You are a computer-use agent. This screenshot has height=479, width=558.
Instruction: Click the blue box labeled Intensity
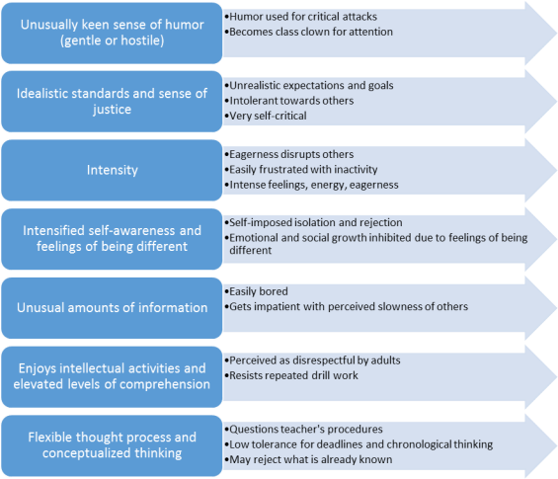pyautogui.click(x=112, y=170)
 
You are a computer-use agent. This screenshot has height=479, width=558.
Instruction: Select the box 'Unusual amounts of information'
pyautogui.click(x=112, y=308)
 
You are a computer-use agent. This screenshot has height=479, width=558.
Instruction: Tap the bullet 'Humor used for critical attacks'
pyautogui.click(x=300, y=17)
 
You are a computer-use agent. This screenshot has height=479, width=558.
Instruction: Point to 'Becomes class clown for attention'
pyautogui.click(x=308, y=32)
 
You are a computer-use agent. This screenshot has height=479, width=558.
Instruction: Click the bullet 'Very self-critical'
pyautogui.click(x=266, y=116)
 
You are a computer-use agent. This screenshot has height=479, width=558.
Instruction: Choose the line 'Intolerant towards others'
pyautogui.click(x=289, y=101)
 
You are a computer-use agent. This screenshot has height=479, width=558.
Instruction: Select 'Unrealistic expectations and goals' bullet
pyautogui.click(x=309, y=85)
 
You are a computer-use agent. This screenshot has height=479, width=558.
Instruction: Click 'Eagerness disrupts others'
pyautogui.click(x=289, y=154)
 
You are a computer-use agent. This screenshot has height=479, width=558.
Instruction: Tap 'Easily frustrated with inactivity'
pyautogui.click(x=301, y=170)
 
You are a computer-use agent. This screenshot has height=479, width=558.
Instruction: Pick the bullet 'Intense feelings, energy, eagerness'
pyautogui.click(x=311, y=185)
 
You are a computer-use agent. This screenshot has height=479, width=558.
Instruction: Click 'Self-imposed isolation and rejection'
pyautogui.click(x=313, y=222)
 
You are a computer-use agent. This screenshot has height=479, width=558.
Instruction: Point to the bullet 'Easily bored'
pyautogui.click(x=256, y=291)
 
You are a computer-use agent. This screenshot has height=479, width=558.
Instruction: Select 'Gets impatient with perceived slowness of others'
pyautogui.click(x=347, y=306)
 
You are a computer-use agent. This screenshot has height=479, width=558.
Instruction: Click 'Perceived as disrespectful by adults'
pyautogui.click(x=312, y=360)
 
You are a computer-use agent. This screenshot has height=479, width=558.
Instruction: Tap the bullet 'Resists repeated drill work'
pyautogui.click(x=291, y=375)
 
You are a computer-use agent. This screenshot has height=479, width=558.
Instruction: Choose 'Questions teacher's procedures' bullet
pyautogui.click(x=303, y=430)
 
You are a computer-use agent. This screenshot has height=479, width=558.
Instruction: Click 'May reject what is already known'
pyautogui.click(x=308, y=459)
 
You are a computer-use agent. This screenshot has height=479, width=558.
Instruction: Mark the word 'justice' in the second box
pyautogui.click(x=113, y=110)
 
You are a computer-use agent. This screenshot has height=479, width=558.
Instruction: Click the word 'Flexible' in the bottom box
pyautogui.click(x=50, y=437)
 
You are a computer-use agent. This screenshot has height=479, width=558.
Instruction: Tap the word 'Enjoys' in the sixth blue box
pyautogui.click(x=38, y=368)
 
